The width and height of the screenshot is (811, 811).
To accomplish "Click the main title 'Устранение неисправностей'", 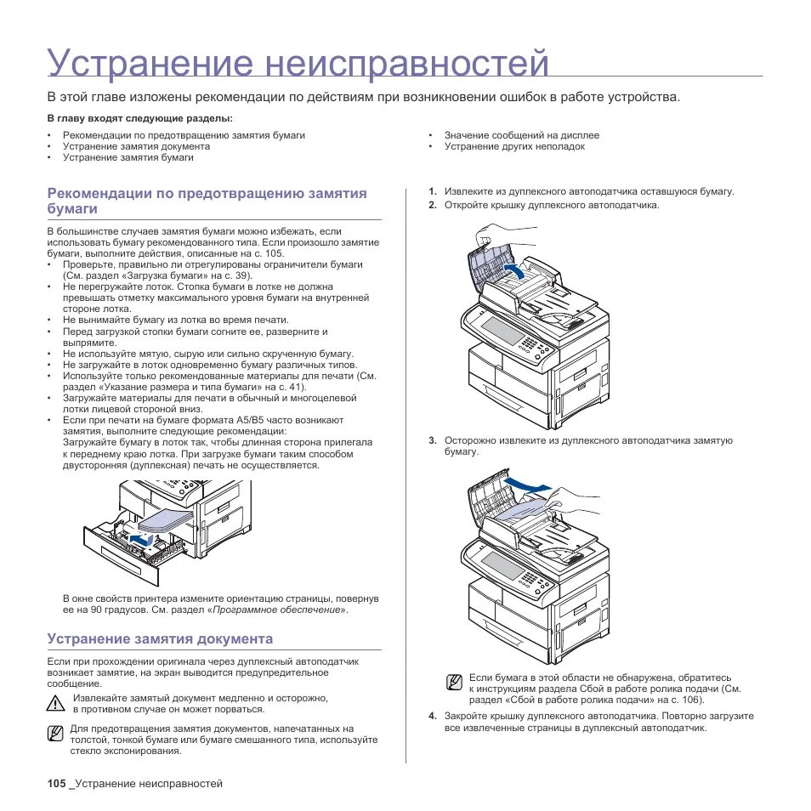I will [x=298, y=65].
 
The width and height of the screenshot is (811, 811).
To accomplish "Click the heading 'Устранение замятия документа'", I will [x=160, y=638].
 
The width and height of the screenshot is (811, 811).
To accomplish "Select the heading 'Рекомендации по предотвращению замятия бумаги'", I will [x=207, y=201].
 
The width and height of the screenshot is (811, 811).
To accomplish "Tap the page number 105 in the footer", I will [x=56, y=783].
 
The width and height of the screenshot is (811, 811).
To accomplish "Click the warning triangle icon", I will [x=57, y=703].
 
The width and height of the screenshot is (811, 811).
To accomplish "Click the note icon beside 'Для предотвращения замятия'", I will [x=56, y=734].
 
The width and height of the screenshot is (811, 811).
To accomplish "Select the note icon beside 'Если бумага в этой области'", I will [x=456, y=683].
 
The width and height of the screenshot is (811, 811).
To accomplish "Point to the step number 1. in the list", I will [x=432, y=192].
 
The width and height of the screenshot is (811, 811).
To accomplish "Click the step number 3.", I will [x=432, y=440].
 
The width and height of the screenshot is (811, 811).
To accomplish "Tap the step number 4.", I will [x=432, y=716].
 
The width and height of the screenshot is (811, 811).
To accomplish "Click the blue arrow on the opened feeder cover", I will [x=512, y=269].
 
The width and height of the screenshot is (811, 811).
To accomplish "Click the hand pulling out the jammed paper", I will [x=578, y=505].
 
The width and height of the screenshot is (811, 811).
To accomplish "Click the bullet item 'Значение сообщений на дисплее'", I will [x=521, y=135].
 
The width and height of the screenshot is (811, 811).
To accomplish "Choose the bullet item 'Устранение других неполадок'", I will [x=514, y=146].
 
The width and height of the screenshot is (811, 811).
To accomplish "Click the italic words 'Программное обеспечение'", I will [x=277, y=610].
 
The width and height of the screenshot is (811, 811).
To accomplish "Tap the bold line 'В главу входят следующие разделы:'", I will [x=139, y=118].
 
